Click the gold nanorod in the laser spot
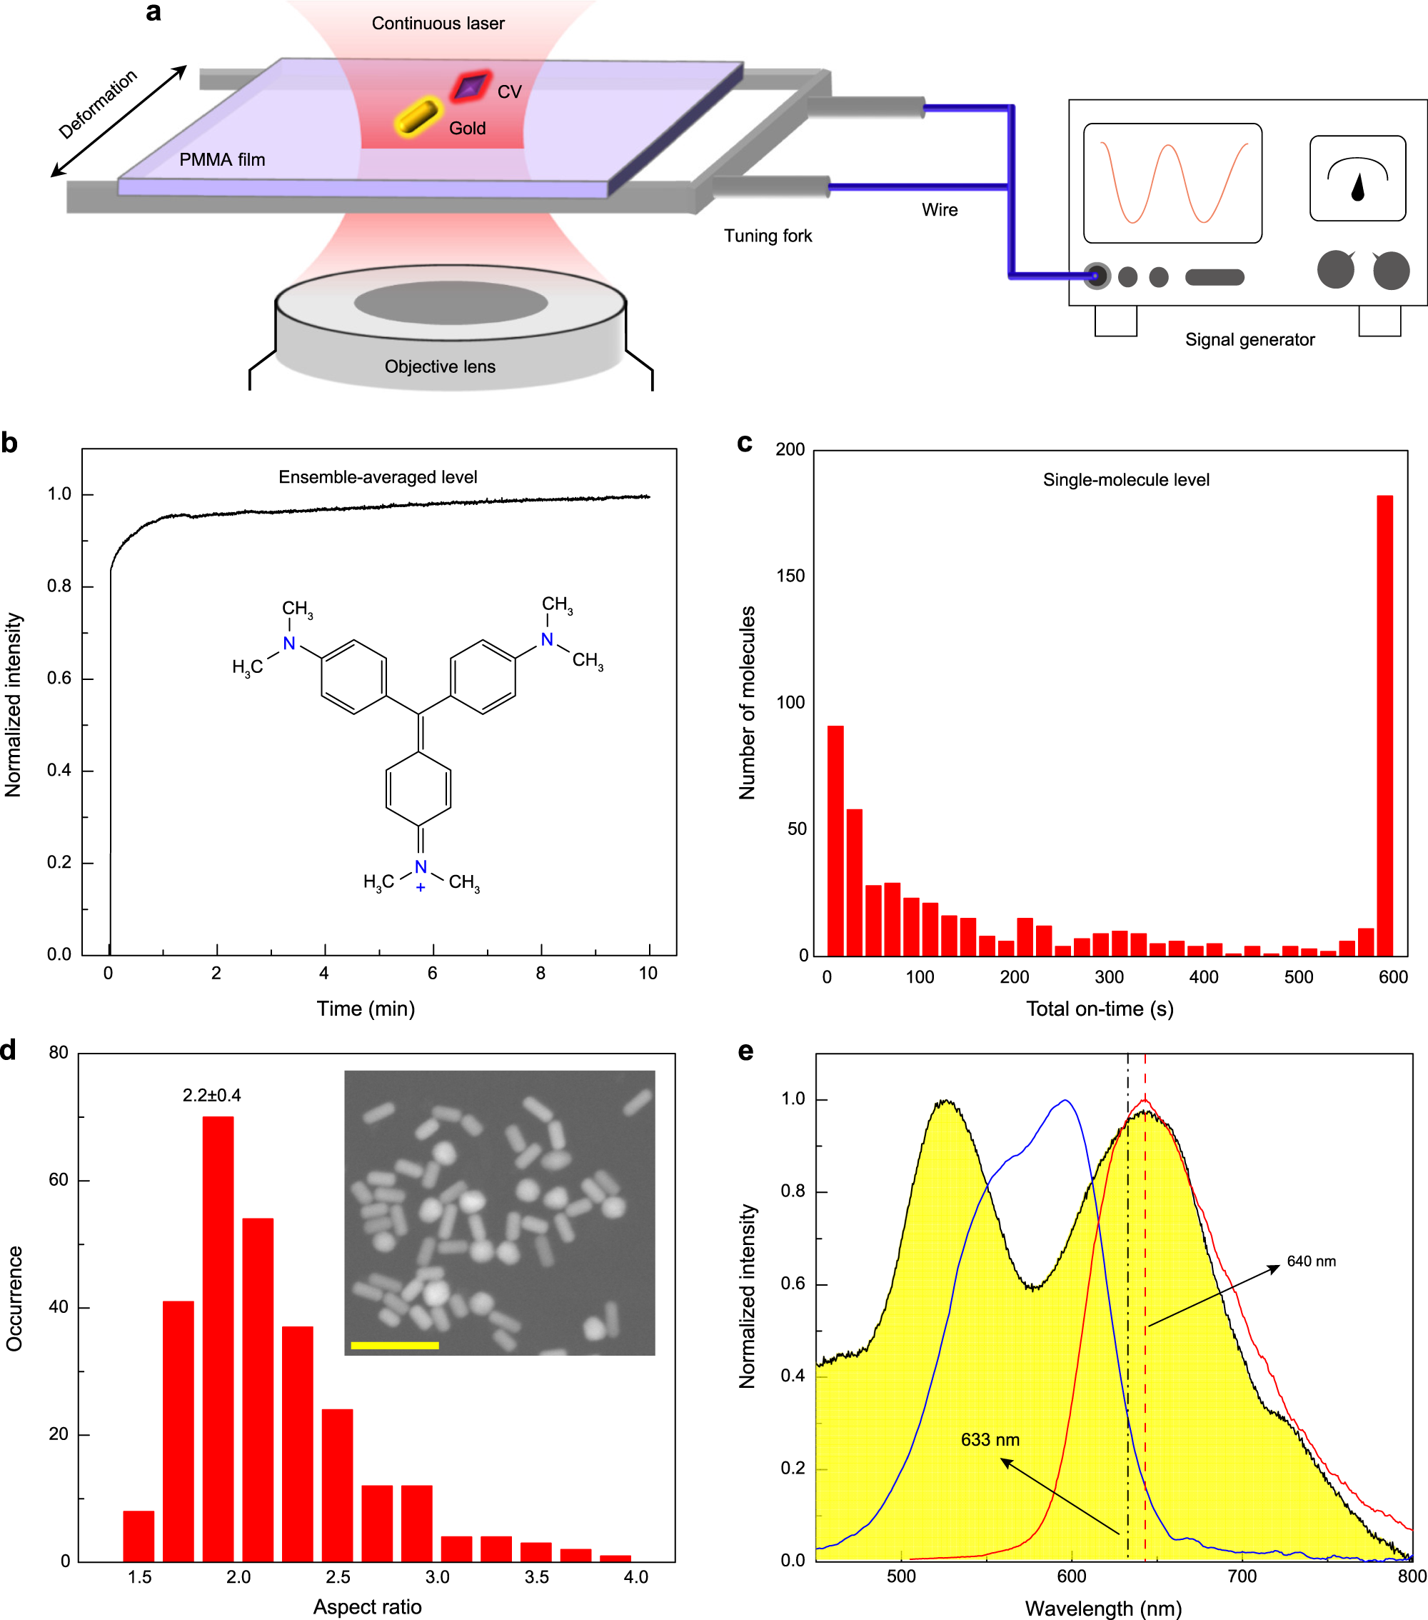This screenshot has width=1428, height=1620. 418,117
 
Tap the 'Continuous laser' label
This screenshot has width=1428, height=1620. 438,24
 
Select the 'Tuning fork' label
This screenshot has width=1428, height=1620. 767,236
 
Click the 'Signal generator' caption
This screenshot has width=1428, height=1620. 1249,340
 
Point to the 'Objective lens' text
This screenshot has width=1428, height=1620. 440,367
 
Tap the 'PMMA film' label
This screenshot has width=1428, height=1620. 222,160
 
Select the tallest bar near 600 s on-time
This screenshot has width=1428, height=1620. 1384,724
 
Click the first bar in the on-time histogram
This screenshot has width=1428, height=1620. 835,840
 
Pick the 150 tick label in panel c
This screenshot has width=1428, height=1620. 790,576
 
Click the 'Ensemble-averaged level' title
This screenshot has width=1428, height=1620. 377,477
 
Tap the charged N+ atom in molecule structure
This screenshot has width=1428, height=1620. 421,868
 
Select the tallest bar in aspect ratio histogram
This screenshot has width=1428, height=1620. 218,1339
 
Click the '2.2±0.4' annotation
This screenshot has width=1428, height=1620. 211,1095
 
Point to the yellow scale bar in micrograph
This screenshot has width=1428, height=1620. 394,1345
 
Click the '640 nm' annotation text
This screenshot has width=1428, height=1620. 1311,1261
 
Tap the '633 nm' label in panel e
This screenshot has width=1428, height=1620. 990,1440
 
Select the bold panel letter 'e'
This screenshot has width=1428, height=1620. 745,1051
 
